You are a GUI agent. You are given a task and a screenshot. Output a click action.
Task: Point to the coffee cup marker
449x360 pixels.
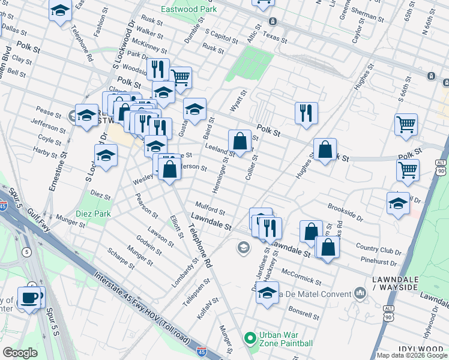point(29,297)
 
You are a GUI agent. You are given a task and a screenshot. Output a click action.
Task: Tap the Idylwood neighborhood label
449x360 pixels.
point(422,349)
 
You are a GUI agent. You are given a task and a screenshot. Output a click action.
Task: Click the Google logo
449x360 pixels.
point(20,353)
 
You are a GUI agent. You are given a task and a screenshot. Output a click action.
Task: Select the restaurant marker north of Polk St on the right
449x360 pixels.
point(306,112)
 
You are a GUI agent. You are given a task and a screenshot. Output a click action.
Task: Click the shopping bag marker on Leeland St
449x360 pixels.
point(240,142)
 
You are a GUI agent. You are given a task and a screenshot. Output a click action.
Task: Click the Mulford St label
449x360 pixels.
point(209,211)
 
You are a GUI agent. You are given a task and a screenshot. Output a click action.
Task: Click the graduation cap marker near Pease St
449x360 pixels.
point(86,115)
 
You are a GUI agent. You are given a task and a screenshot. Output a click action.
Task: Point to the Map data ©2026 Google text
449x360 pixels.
point(411,355)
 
